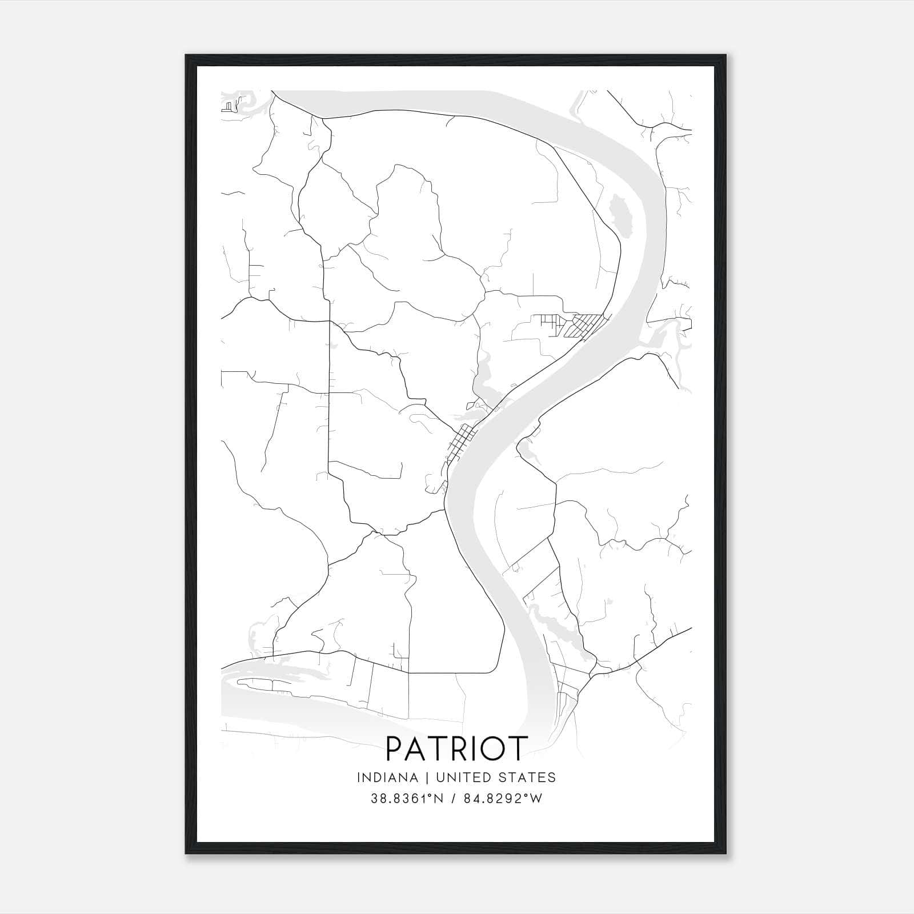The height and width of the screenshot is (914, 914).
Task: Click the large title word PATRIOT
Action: click(456, 748)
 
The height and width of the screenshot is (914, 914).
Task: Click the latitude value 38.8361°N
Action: click(408, 799)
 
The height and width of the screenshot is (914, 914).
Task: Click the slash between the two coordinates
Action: click(453, 799)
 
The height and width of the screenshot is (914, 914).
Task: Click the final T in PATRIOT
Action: click(517, 748)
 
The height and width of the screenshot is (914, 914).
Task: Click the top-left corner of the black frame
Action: click(186, 55)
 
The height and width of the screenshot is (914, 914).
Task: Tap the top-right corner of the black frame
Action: click(725, 55)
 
